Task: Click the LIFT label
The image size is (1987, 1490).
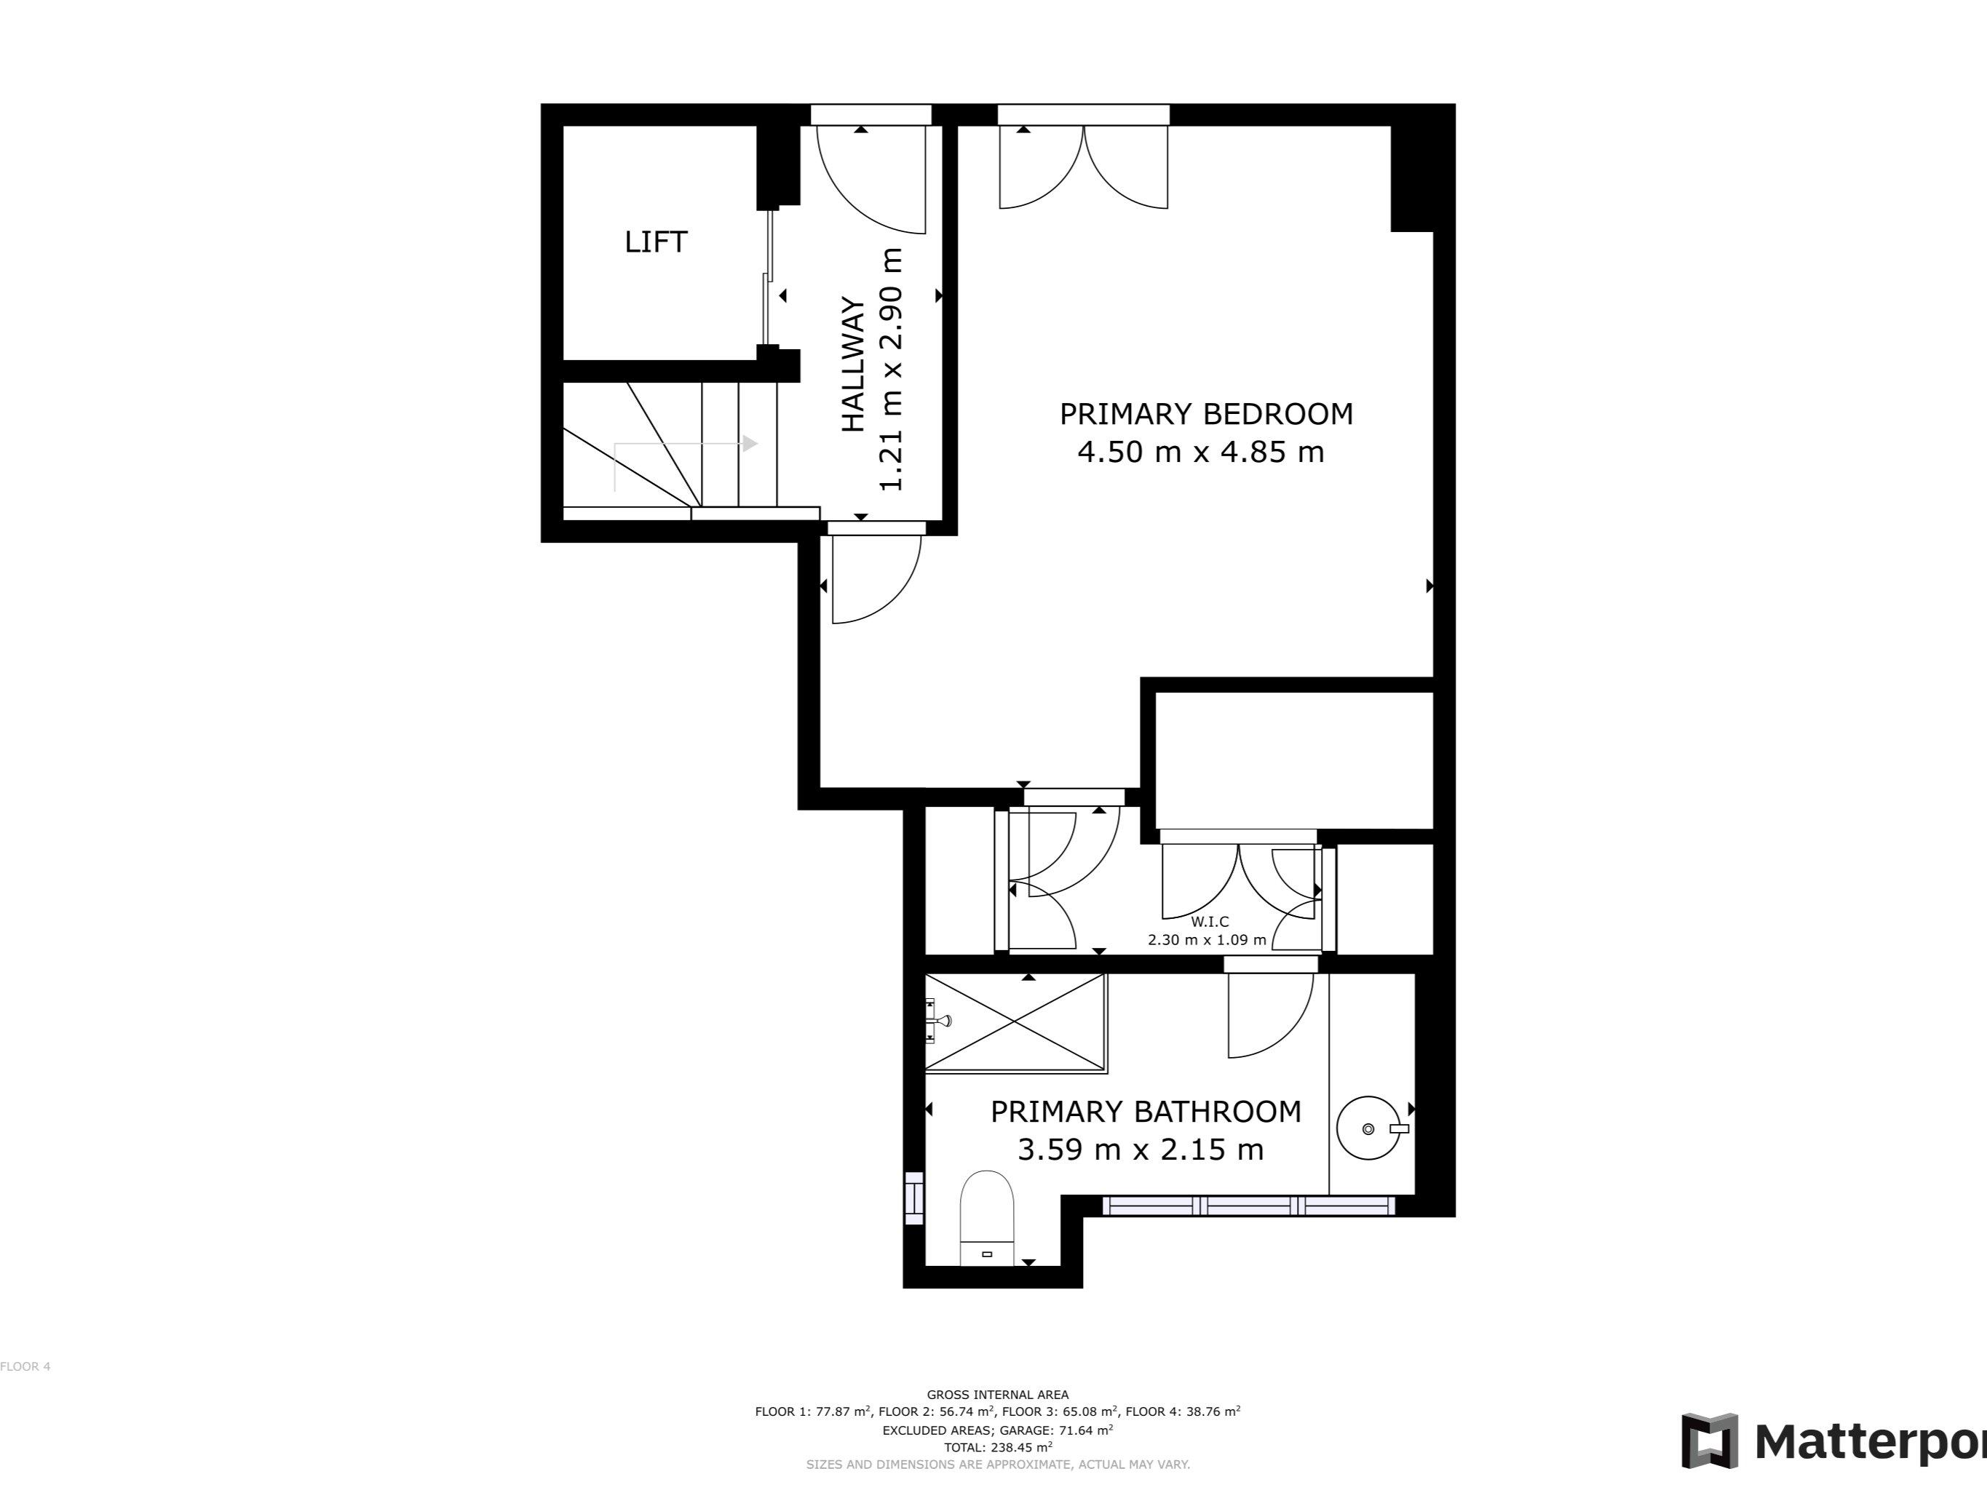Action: [x=656, y=242]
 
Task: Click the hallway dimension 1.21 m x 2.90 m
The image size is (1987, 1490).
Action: [x=890, y=369]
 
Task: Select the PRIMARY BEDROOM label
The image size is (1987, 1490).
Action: [x=1205, y=414]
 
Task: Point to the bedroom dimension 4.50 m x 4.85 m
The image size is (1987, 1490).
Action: [x=1200, y=452]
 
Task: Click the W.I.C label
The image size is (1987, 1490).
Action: [x=1209, y=922]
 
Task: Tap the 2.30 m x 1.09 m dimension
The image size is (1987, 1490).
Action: [x=1207, y=940]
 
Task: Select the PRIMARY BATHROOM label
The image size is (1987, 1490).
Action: [x=1146, y=1112]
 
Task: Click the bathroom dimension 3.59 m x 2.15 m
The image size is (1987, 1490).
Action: [x=1141, y=1150]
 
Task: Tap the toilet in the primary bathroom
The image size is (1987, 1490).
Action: [x=987, y=1217]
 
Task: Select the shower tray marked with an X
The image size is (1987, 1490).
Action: [x=1015, y=1022]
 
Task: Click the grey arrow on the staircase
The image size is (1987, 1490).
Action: [x=748, y=444]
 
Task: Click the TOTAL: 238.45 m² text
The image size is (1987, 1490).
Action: [x=997, y=1447]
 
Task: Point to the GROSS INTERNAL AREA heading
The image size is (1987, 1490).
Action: [x=997, y=1395]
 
